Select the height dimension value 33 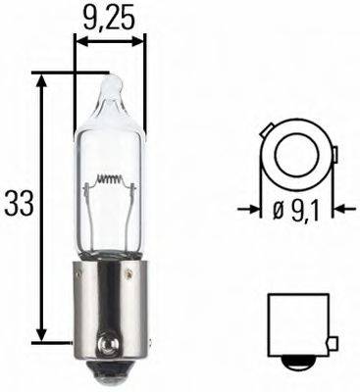tap(19, 204)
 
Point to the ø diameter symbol tap(278, 209)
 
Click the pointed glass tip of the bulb tap(110, 83)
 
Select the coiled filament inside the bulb tap(111, 181)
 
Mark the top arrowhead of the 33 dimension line tap(42, 78)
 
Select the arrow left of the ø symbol tap(251, 209)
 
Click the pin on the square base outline tap(334, 343)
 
